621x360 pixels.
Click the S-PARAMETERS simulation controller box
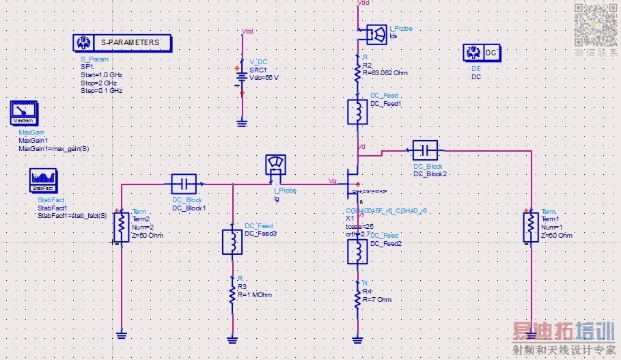122,43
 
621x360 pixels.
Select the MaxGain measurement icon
23,113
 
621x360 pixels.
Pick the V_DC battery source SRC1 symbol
241,77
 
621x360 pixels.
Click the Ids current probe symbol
375,33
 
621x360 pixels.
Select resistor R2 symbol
357,71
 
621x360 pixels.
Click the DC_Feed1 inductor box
357,113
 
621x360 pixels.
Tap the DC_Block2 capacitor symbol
425,149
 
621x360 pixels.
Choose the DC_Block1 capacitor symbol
183,184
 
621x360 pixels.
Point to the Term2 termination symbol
121,225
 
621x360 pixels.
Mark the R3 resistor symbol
233,293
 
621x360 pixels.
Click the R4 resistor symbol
357,298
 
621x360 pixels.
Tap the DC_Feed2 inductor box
357,251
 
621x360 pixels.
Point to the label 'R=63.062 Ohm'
385,72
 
